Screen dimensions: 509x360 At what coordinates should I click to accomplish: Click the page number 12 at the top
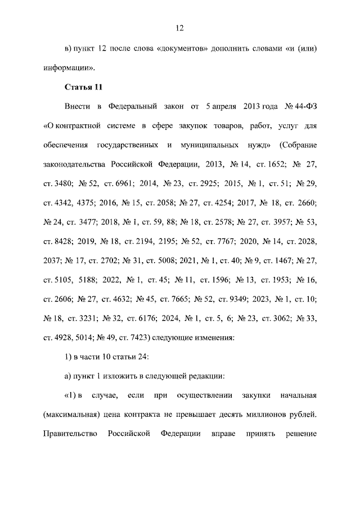coord(180,28)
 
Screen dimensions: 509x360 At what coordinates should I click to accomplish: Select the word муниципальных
coord(209,145)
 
